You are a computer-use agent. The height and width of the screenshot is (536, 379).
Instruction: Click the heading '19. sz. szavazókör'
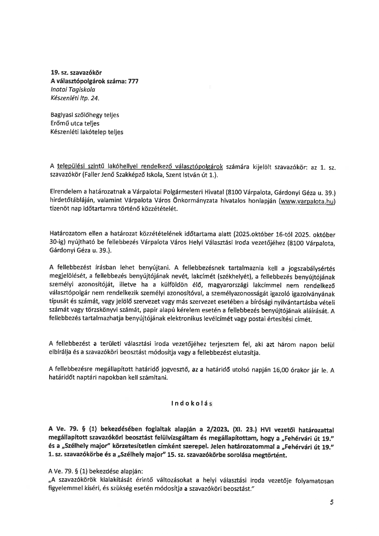76,73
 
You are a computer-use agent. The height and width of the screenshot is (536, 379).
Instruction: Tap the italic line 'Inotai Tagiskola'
73,90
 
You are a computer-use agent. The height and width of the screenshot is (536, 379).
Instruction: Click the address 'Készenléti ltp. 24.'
75,98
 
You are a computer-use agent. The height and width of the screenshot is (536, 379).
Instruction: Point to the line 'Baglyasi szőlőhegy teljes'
84,115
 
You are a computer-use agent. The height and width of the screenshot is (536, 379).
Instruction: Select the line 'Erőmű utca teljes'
75,123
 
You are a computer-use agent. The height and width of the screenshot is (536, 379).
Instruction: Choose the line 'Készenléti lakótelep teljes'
87,132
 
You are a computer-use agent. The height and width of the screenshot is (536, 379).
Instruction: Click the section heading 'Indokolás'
192,404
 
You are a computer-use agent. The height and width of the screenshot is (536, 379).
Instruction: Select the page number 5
332,502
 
